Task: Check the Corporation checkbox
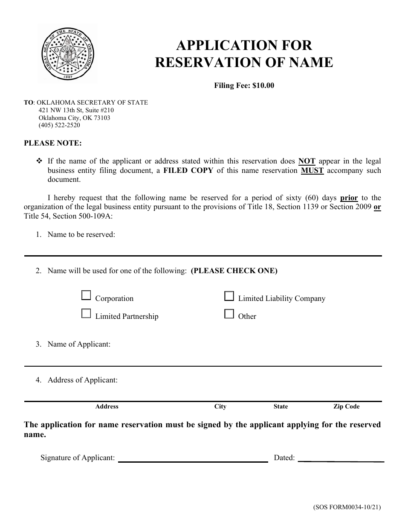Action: (86, 295)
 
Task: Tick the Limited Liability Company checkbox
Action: (229, 296)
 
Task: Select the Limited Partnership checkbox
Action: (86, 314)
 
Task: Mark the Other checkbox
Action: (229, 314)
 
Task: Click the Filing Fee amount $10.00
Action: (263, 85)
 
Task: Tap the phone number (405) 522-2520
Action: (59, 125)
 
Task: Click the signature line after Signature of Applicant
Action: (193, 458)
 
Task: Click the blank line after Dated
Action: (341, 458)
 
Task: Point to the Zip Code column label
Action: (346, 407)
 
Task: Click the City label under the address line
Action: (220, 407)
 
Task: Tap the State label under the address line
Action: (281, 407)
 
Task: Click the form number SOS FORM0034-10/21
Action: (347, 507)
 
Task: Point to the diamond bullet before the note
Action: (40, 161)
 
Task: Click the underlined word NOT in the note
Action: (307, 161)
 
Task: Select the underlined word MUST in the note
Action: (312, 170)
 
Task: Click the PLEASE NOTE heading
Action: (52, 143)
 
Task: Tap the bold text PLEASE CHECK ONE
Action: (234, 271)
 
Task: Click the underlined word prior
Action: (349, 198)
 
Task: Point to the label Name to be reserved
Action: (81, 234)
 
